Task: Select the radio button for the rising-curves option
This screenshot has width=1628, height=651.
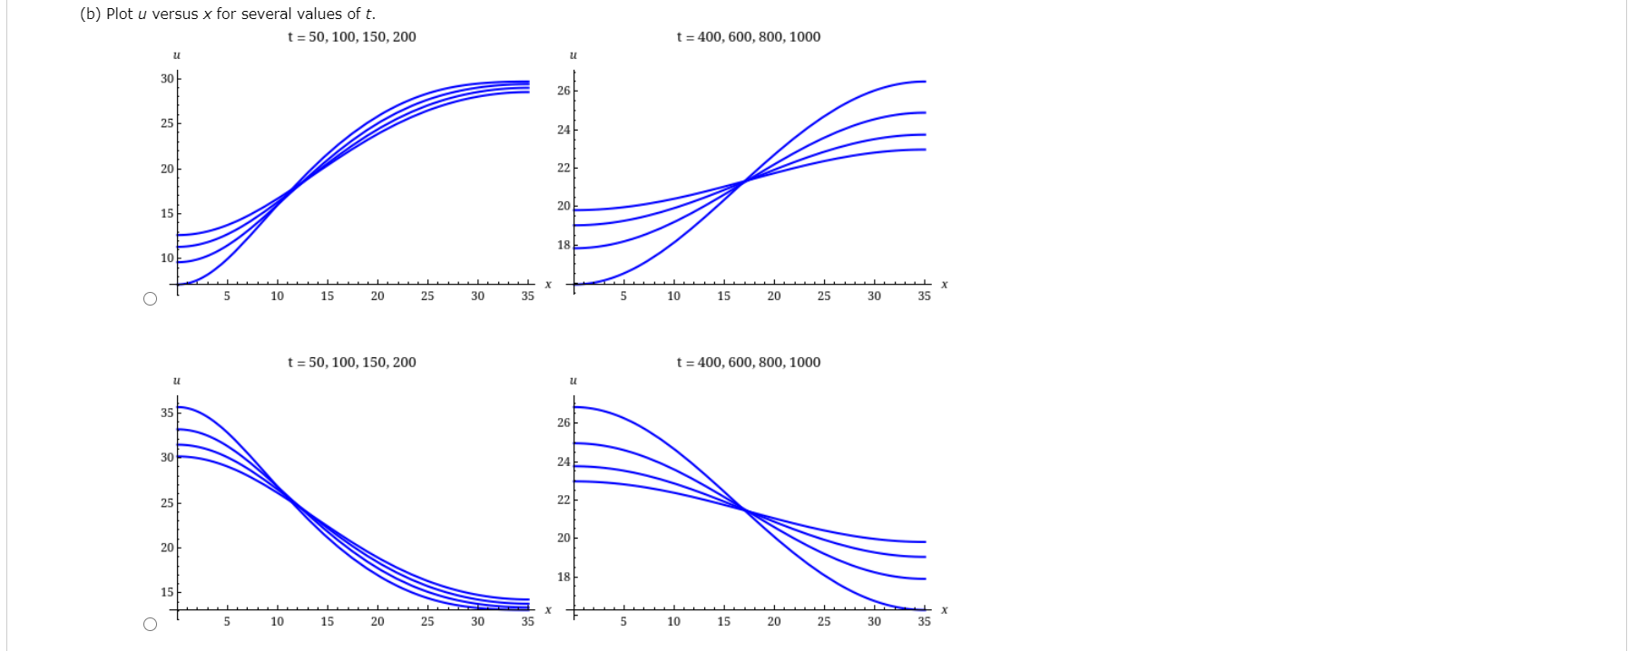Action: pos(151,298)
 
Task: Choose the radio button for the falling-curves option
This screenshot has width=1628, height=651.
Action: pos(151,624)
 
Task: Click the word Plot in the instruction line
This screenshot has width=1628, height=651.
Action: pos(120,14)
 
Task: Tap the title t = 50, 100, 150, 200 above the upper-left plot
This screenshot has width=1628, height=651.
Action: pos(351,37)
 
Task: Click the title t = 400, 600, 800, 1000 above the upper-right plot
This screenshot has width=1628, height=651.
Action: pos(748,37)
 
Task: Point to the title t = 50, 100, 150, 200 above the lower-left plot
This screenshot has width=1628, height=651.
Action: pos(351,363)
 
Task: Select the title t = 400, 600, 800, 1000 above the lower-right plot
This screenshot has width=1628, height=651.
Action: pos(748,363)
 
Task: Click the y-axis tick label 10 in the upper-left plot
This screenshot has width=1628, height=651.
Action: pos(167,258)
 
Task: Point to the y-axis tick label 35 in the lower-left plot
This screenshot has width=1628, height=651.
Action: pos(167,413)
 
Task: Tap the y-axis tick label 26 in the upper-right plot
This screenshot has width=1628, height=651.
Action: pos(564,91)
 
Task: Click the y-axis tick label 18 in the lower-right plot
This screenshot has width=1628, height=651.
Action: pos(564,577)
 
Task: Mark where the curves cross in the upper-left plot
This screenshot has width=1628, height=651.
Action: pos(290,189)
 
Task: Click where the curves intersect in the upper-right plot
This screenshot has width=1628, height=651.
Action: pos(744,181)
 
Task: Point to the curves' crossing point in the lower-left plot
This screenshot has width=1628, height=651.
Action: pos(290,500)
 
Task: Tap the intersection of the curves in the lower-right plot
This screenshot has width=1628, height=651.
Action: pos(745,511)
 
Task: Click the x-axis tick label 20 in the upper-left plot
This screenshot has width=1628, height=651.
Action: pos(377,296)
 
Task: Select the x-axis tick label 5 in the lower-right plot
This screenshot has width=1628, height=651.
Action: pos(623,621)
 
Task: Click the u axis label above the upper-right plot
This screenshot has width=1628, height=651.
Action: pos(573,56)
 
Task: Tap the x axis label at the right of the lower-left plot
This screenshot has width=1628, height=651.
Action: pos(548,609)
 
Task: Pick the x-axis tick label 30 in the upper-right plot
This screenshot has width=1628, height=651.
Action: pos(873,296)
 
